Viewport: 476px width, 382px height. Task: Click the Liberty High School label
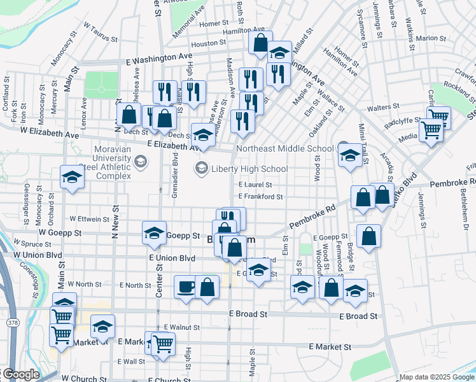pos(249,169)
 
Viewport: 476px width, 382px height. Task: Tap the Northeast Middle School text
pos(284,149)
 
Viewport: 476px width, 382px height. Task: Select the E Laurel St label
pos(255,185)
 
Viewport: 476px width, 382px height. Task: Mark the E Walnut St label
pos(182,327)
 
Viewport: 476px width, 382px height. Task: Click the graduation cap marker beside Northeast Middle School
pos(349,155)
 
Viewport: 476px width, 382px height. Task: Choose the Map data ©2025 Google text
pos(437,378)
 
